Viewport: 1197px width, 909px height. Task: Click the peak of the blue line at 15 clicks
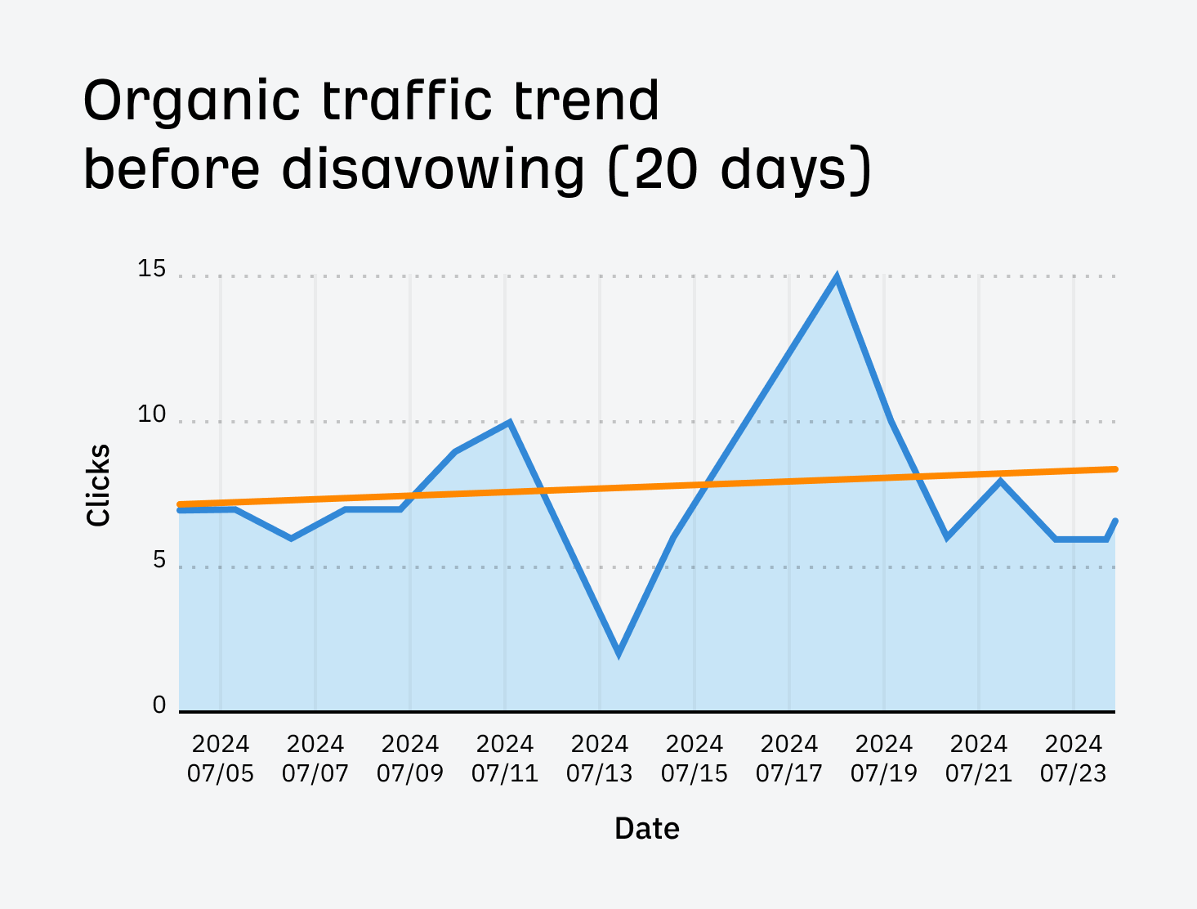tap(836, 277)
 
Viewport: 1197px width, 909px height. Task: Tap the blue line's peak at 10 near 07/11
tap(509, 423)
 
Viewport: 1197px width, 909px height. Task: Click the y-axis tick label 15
tap(151, 269)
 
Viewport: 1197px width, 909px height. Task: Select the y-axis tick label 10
tap(151, 414)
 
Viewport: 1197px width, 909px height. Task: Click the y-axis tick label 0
tap(159, 705)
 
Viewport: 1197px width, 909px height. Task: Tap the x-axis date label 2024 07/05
tap(221, 759)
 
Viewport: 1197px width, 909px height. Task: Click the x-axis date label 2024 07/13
tap(599, 759)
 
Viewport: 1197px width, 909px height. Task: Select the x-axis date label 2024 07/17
tap(788, 759)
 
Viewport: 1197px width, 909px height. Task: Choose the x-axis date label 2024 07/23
tap(1073, 759)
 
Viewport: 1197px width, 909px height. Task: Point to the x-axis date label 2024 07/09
tap(410, 759)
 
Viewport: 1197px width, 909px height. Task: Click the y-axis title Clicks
tap(98, 485)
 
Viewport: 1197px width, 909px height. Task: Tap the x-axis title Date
tap(646, 828)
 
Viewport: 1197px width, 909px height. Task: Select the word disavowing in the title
tap(433, 170)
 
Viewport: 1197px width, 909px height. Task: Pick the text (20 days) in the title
tap(740, 170)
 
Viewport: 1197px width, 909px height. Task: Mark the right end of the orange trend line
tap(1114, 469)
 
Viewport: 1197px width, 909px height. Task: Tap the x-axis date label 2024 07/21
tap(978, 759)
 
